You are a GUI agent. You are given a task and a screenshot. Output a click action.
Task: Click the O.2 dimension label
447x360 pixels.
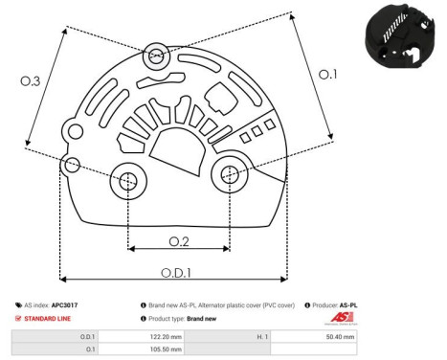tap(179, 239)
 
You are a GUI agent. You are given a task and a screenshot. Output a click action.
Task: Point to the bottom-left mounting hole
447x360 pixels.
tap(128, 180)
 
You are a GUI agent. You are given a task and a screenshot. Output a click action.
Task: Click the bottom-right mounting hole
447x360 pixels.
tap(229, 174)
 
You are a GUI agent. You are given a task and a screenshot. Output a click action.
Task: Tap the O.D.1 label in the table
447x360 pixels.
tap(87, 337)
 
